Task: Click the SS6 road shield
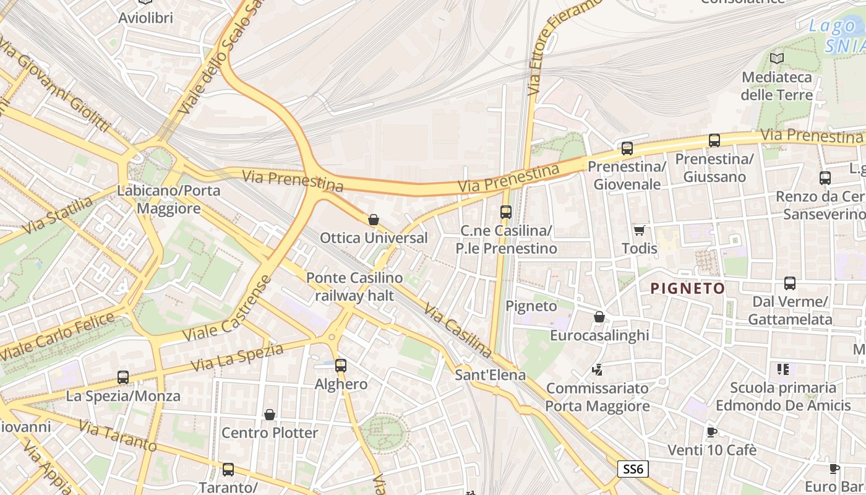pyautogui.click(x=633, y=470)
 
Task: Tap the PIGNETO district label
pyautogui.click(x=687, y=288)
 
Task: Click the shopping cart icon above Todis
pyautogui.click(x=639, y=230)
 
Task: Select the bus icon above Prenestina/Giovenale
pyautogui.click(x=627, y=148)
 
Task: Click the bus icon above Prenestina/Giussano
pyautogui.click(x=714, y=140)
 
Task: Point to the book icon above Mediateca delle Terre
pyautogui.click(x=776, y=58)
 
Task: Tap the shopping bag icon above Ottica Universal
pyautogui.click(x=373, y=220)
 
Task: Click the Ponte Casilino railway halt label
pyautogui.click(x=354, y=286)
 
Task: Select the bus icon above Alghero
pyautogui.click(x=340, y=365)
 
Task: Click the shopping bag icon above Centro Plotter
pyautogui.click(x=269, y=414)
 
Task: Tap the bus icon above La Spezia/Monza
pyautogui.click(x=123, y=377)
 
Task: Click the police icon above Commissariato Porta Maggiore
pyautogui.click(x=597, y=370)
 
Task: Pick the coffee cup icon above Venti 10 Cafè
pyautogui.click(x=711, y=432)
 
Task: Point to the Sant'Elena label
pyautogui.click(x=490, y=375)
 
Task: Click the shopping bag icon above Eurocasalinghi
pyautogui.click(x=599, y=317)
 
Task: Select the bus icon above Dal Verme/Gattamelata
pyautogui.click(x=789, y=283)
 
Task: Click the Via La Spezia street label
pyautogui.click(x=237, y=358)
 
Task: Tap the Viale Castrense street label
pyautogui.click(x=228, y=308)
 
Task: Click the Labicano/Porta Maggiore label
pyautogui.click(x=168, y=199)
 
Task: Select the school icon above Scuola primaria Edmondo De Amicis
pyautogui.click(x=782, y=369)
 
